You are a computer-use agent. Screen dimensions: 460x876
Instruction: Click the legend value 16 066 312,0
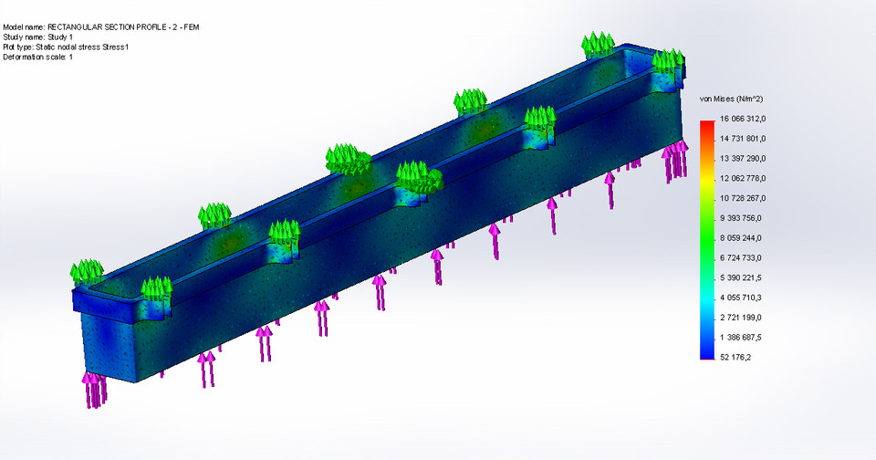749,120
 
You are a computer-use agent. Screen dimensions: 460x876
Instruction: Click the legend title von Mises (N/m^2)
731,98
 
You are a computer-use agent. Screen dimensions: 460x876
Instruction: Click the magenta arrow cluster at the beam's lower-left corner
94,387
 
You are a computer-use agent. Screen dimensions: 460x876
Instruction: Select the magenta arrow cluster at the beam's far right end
676,160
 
